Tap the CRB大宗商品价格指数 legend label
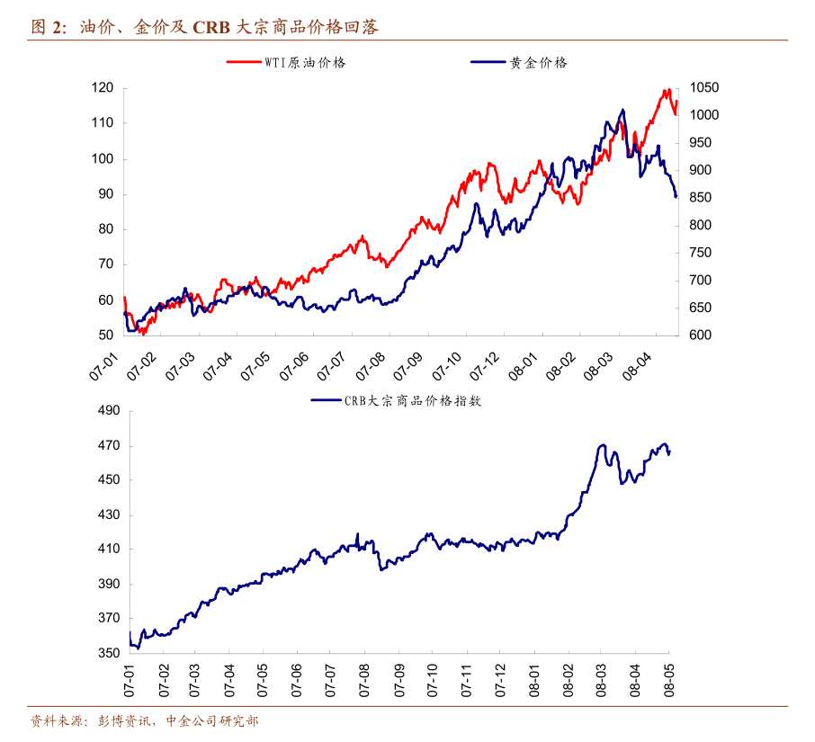coord(413,401)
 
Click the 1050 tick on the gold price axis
coord(704,88)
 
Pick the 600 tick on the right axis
coord(701,335)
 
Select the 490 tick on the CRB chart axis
coord(108,411)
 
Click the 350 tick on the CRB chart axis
coord(108,653)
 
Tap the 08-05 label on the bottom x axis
coord(667,679)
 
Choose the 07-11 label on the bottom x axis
coord(465,679)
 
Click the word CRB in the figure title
coord(210,28)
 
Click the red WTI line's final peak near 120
coord(667,89)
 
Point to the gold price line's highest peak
coord(622,110)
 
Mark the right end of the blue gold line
coord(676,197)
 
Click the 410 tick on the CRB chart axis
coord(108,550)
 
